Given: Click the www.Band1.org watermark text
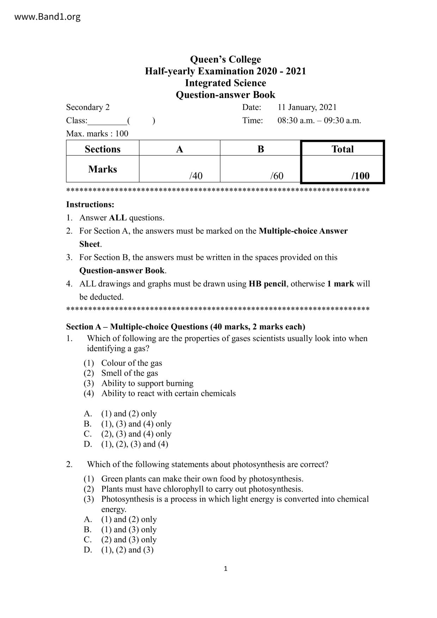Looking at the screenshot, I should tap(47, 17).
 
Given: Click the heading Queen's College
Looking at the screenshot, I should tap(225, 59).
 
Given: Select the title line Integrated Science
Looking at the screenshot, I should tap(225, 83).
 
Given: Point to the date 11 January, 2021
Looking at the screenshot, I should tap(307, 107).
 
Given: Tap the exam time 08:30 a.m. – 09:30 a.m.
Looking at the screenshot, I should tap(319, 120).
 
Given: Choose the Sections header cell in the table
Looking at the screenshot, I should tap(103, 149).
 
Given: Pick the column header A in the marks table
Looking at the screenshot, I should tap(179, 149).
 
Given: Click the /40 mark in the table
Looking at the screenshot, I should tap(196, 176).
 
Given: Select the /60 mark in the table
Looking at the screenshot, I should tap(277, 176).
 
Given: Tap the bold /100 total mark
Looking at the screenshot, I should tap(360, 176).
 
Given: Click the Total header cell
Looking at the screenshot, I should tap(342, 149).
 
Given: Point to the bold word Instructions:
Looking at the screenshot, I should tap(90, 204).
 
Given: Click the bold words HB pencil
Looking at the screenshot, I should tap(267, 284).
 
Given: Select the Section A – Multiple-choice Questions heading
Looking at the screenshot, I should tap(185, 327).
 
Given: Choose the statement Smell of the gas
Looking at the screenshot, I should tap(129, 373).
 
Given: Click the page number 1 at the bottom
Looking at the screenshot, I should tap(226, 568).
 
